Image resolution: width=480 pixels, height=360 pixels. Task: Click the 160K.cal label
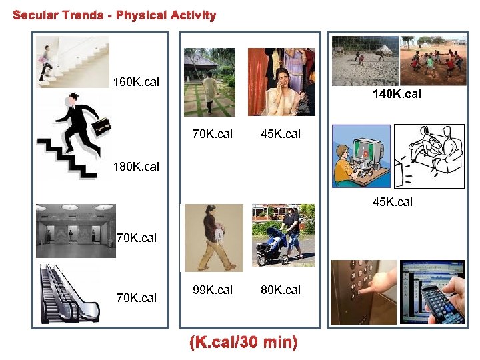click(x=137, y=83)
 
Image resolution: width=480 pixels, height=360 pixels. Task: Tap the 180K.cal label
click(x=137, y=167)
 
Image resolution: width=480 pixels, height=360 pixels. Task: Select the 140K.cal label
click(x=397, y=95)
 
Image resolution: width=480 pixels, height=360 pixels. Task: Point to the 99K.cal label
click(x=213, y=290)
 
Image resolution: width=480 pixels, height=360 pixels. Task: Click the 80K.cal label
click(x=281, y=290)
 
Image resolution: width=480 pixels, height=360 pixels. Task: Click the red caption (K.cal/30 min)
click(x=243, y=343)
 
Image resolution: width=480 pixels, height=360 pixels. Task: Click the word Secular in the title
click(x=37, y=15)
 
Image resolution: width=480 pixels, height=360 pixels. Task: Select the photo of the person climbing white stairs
click(x=72, y=61)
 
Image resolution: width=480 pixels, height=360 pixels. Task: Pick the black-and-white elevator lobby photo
click(x=75, y=231)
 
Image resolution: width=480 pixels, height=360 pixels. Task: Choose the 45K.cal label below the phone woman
click(x=281, y=134)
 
